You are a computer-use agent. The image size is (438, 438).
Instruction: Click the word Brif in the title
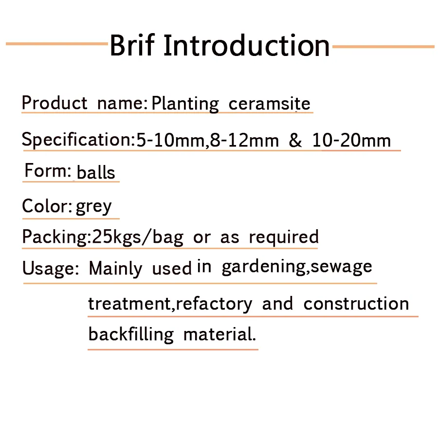(132, 45)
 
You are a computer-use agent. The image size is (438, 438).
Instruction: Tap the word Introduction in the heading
(247, 45)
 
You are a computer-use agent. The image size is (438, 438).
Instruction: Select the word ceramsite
(269, 104)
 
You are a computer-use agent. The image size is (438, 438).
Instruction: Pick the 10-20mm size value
(351, 140)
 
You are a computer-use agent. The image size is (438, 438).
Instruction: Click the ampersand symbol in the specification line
(295, 140)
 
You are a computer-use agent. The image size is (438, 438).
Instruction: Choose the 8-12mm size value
(244, 140)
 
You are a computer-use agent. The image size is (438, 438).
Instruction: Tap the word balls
(95, 172)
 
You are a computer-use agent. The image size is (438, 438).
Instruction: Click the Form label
(48, 170)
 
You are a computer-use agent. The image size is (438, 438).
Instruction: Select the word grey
(93, 207)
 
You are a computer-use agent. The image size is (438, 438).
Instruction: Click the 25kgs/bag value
(137, 237)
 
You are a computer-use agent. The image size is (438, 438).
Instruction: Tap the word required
(284, 237)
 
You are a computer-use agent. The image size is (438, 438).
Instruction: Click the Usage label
(50, 269)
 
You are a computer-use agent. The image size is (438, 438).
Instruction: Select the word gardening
(264, 267)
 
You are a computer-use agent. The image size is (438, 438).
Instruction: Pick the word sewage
(341, 267)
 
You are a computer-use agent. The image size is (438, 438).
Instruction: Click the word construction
(356, 303)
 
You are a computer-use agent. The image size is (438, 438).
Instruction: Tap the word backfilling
(131, 334)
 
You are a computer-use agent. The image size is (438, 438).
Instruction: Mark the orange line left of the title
(57, 44)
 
